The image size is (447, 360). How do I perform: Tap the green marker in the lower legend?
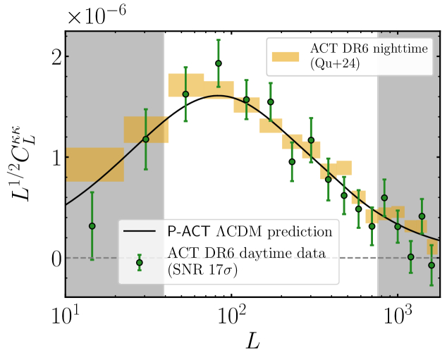[140, 262]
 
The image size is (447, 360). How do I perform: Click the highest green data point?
[219, 63]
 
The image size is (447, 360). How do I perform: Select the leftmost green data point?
[92, 226]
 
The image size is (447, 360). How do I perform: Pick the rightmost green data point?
[431, 266]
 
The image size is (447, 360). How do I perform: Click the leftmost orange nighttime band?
[94, 165]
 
